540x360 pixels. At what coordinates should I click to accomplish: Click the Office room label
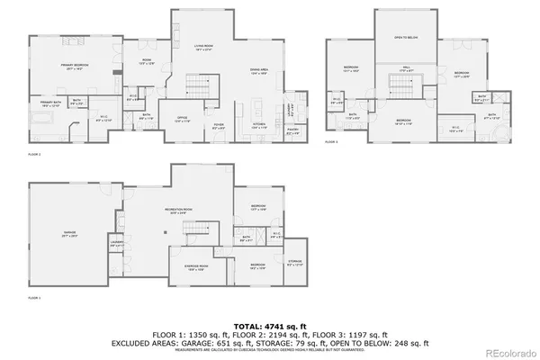(181, 119)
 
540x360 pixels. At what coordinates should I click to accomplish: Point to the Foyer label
(219, 126)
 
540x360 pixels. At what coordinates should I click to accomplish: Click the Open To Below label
(407, 38)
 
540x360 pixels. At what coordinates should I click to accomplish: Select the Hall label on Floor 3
(406, 71)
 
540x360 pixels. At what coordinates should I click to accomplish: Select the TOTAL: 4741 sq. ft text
(270, 327)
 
